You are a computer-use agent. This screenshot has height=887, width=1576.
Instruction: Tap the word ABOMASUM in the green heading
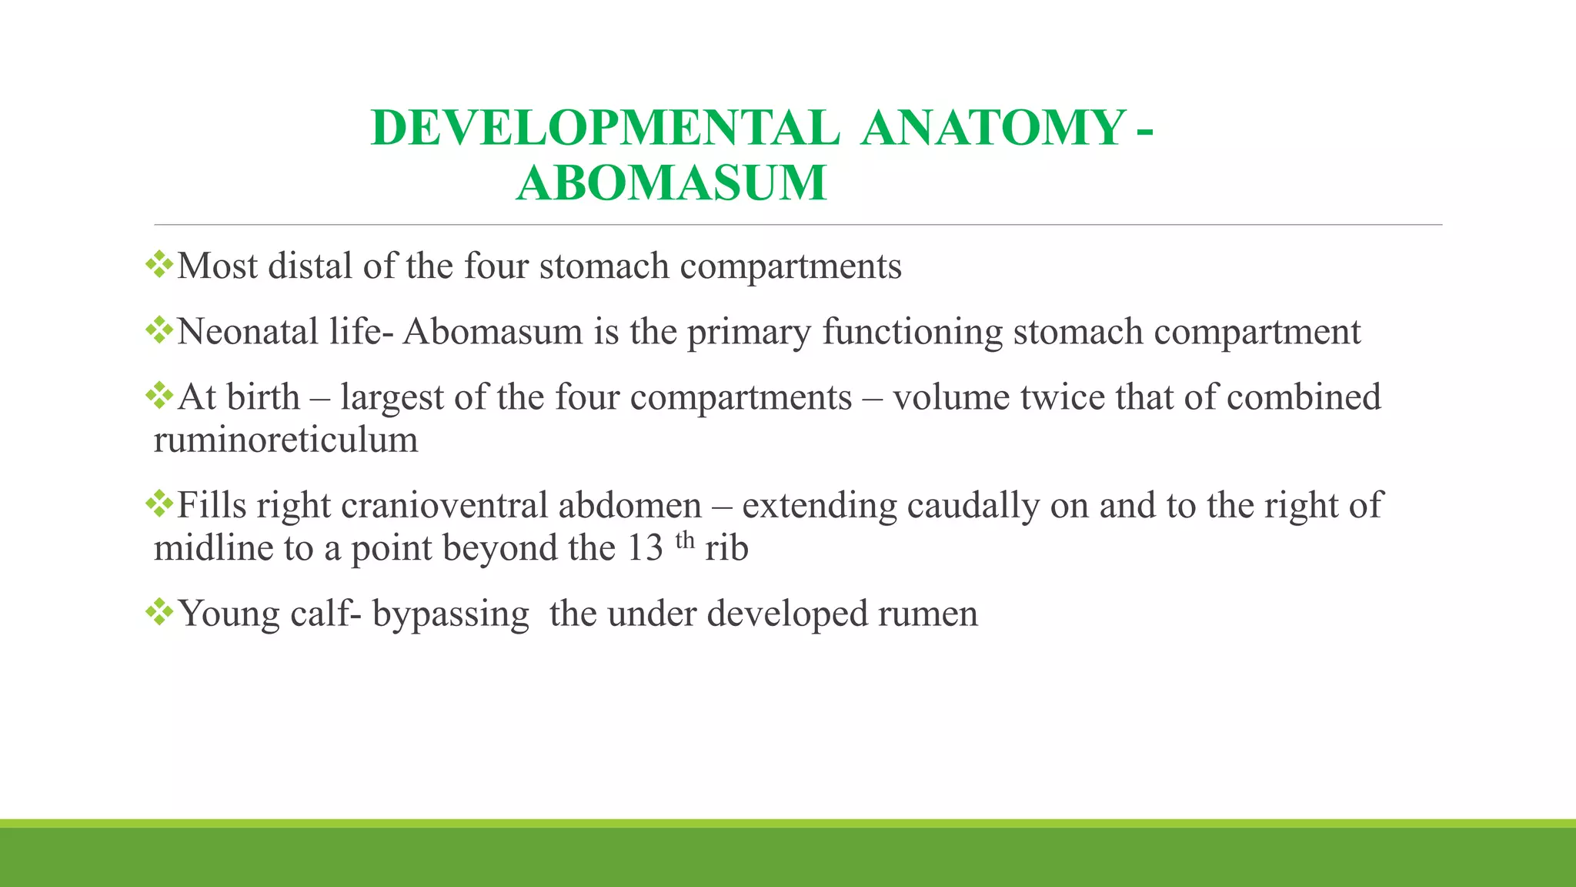click(x=671, y=183)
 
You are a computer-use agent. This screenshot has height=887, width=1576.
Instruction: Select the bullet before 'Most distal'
click(x=160, y=264)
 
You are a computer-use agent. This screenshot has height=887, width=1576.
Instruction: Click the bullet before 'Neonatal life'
click(x=160, y=330)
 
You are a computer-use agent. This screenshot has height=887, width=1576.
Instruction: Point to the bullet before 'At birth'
click(x=160, y=396)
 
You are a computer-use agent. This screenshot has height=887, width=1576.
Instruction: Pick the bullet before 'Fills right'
click(x=160, y=504)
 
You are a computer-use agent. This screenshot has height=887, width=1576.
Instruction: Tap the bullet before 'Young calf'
click(x=160, y=613)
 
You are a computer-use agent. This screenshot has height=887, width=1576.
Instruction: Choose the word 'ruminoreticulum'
click(x=285, y=440)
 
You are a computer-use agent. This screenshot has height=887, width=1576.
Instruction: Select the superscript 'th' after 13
click(x=685, y=541)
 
